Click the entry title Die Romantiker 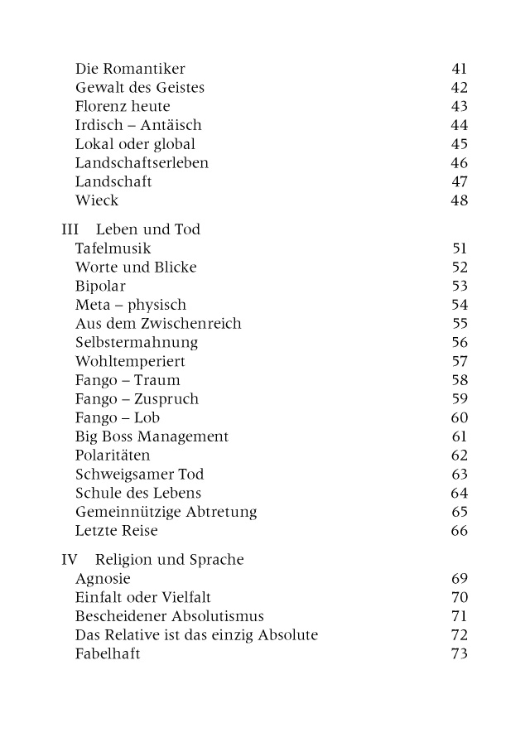[x=130, y=69]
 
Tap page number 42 [x=460, y=88]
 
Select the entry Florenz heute [x=122, y=106]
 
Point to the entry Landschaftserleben [x=142, y=163]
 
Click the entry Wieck [x=97, y=200]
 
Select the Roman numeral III [x=70, y=229]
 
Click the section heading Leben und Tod [x=147, y=229]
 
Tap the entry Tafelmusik [x=113, y=248]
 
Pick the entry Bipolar [x=100, y=286]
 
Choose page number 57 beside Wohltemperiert [x=460, y=362]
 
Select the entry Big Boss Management [x=152, y=436]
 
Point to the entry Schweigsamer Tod [x=139, y=475]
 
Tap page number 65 [x=460, y=512]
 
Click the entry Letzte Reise [x=116, y=531]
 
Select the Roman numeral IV [x=70, y=560]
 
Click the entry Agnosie [x=103, y=579]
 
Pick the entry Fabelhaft [x=108, y=654]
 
